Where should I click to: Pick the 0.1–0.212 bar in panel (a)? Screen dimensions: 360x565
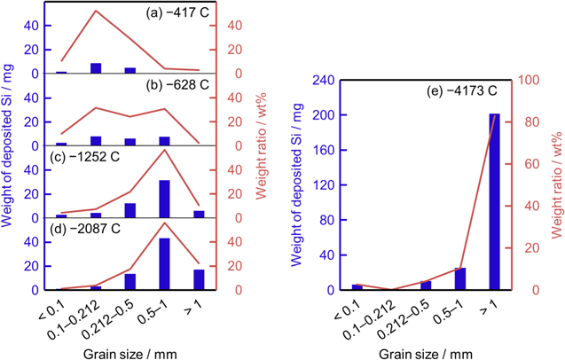[x=96, y=67]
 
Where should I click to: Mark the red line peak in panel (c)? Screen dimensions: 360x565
[x=164, y=150]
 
